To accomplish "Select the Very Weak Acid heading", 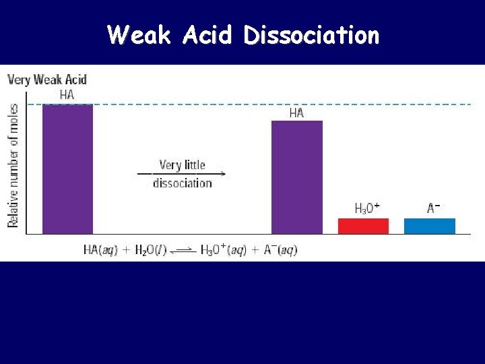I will [47, 80].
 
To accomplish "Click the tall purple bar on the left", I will [67, 169].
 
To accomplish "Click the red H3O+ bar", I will [363, 226].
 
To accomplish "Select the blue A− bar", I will [429, 226].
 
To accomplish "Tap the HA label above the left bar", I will [67, 94].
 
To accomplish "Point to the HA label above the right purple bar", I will [296, 113].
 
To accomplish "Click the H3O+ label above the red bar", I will [367, 208].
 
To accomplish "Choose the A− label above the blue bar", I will [434, 208].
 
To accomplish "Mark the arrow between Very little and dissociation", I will [182, 174].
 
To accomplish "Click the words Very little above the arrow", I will [182, 164].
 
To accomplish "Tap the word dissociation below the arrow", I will [182, 183].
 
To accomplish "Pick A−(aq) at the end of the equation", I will [278, 250].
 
